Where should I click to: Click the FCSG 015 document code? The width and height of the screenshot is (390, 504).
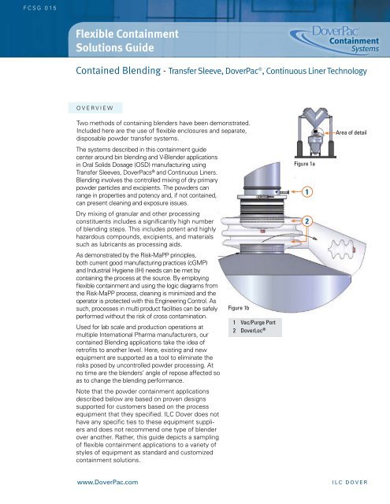tap(40, 8)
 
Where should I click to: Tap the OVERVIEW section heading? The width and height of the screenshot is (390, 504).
tap(95, 108)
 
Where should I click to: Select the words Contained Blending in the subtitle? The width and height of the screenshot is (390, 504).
tap(118, 70)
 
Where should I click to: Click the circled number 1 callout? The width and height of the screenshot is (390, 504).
tap(307, 192)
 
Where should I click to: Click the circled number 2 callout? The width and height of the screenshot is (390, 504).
tap(307, 221)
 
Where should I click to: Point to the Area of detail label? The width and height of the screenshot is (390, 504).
tap(351, 132)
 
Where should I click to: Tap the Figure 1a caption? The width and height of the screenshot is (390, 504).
tap(304, 164)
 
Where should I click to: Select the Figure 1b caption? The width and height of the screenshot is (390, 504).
tap(239, 308)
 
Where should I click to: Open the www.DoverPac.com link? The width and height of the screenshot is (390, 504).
tap(107, 482)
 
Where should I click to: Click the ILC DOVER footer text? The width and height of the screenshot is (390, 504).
tap(350, 482)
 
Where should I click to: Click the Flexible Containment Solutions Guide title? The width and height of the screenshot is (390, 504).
tap(127, 40)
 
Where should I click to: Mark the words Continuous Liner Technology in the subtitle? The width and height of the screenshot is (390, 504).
tap(317, 71)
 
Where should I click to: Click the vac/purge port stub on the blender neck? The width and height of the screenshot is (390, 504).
tap(284, 192)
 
